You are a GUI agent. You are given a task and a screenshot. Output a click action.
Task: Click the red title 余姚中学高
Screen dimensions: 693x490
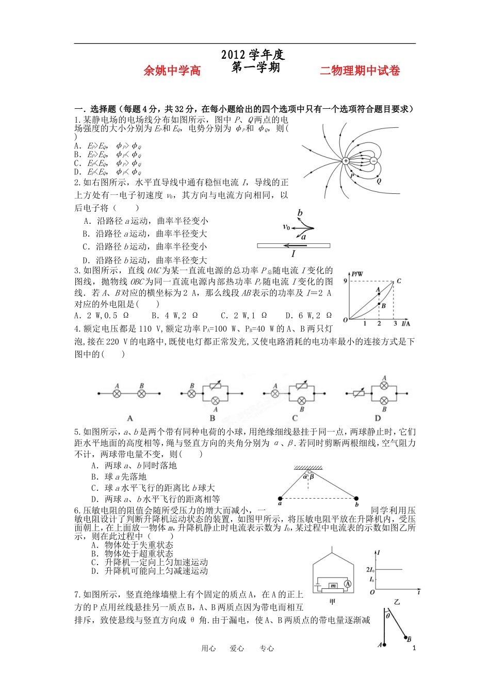pyautogui.click(x=172, y=71)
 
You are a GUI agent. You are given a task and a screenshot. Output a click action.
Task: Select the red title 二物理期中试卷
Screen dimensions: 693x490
pyautogui.click(x=360, y=71)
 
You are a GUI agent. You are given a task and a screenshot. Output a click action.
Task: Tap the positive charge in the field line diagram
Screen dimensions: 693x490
pyautogui.click(x=346, y=161)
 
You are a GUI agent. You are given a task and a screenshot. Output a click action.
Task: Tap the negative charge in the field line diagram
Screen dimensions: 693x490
pyautogui.click(x=373, y=161)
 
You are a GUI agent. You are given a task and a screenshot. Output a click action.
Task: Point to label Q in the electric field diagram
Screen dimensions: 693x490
pyautogui.click(x=379, y=181)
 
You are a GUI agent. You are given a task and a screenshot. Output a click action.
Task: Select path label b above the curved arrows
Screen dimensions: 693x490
pyautogui.click(x=300, y=213)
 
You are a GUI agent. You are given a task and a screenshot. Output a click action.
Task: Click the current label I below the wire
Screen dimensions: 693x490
pyautogui.click(x=293, y=254)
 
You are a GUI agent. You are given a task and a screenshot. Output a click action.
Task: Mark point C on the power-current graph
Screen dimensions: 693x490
pyautogui.click(x=399, y=282)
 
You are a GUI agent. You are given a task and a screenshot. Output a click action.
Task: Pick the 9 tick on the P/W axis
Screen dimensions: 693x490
pyautogui.click(x=345, y=281)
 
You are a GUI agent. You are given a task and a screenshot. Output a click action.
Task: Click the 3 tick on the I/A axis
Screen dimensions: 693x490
pyautogui.click(x=395, y=323)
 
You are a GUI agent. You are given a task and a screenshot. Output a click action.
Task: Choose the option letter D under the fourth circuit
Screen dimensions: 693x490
pyautogui.click(x=378, y=418)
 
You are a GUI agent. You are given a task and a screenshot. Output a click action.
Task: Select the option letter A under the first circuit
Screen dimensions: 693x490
pyautogui.click(x=130, y=418)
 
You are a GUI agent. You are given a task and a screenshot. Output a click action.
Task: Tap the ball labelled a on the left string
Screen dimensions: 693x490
pyautogui.click(x=280, y=498)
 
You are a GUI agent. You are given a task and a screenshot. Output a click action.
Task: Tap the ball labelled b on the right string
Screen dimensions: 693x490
pyautogui.click(x=356, y=498)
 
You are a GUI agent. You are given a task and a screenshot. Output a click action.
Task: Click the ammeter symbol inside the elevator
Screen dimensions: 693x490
pyautogui.click(x=348, y=584)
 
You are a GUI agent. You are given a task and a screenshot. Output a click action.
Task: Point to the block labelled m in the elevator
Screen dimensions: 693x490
pyautogui.click(x=333, y=586)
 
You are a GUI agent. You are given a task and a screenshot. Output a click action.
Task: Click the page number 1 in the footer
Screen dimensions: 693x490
pyautogui.click(x=414, y=649)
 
